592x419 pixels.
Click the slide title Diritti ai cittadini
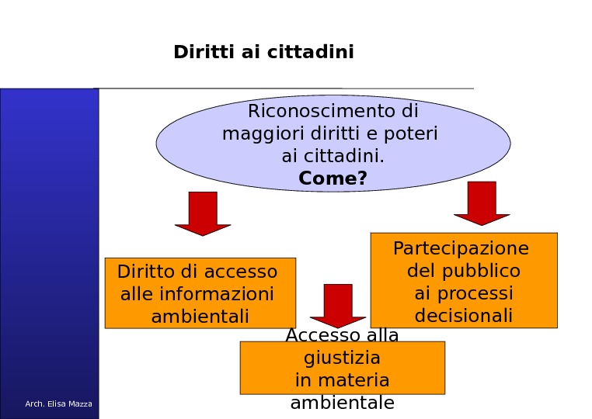(x=263, y=52)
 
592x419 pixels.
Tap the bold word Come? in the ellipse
(x=333, y=178)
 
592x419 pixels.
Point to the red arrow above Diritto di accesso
(x=203, y=213)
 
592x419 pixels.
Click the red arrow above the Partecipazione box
(x=482, y=203)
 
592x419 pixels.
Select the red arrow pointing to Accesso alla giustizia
(x=338, y=305)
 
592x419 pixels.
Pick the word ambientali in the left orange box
(x=200, y=317)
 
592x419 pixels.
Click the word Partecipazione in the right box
(x=461, y=248)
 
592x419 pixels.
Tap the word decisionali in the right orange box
(x=463, y=316)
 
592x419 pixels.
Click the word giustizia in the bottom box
(x=342, y=358)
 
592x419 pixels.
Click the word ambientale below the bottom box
(x=342, y=403)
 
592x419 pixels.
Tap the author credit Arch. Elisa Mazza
(x=58, y=403)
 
